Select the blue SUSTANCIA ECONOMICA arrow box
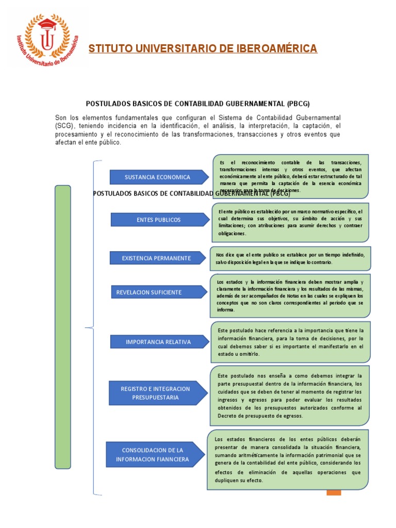coord(157,177)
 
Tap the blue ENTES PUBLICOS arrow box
coord(158,220)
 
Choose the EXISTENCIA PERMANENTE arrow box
coord(156,258)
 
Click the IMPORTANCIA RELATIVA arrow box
coord(158,342)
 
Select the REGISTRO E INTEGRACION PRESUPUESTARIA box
coord(155,393)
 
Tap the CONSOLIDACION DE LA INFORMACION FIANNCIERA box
coord(152,455)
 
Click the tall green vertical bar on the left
coord(62,327)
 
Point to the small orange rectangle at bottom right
coord(334,492)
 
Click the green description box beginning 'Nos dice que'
coord(290,258)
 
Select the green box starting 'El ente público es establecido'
coord(290,222)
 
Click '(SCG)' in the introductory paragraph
coord(65,126)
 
